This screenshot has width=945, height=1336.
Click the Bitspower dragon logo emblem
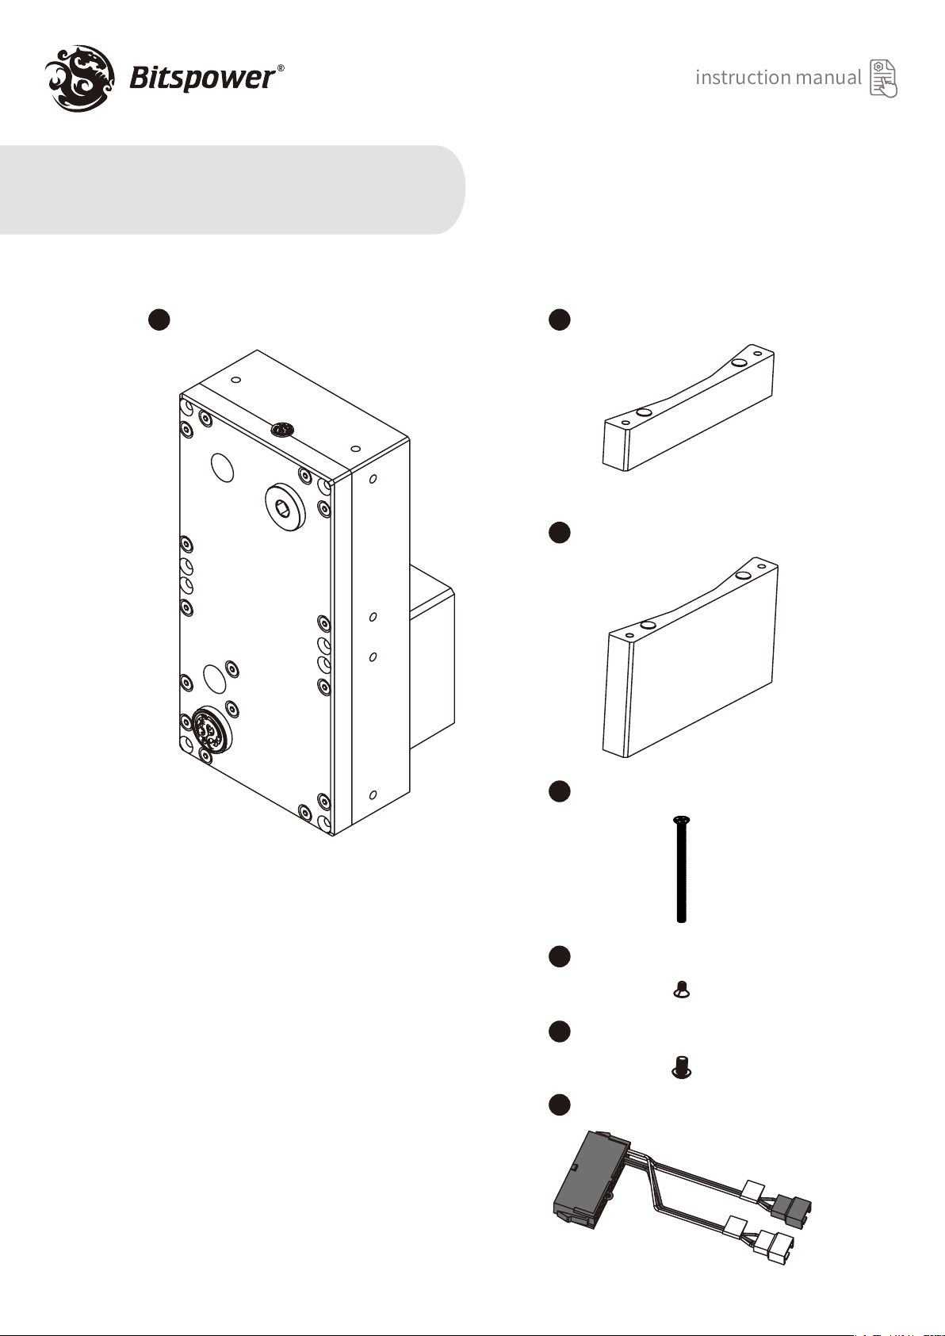pos(79,78)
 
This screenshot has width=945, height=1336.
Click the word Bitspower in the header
pos(202,78)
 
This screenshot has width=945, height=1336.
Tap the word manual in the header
pos(828,77)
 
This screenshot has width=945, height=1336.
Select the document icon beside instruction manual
pos(884,78)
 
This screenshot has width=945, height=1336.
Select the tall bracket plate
pos(691,657)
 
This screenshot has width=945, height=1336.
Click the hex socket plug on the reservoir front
pos(285,507)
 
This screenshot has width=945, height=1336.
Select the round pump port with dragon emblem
pos(212,729)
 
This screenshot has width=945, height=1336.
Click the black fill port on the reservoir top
pos(282,429)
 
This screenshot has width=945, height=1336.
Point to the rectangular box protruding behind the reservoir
pos(432,657)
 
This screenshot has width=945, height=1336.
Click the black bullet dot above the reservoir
pos(159,319)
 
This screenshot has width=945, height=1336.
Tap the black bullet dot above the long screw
pos(559,790)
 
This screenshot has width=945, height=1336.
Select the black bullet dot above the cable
pos(559,1104)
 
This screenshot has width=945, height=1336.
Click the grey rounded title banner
pos(232,189)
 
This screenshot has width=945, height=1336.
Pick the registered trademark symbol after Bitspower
pos(280,68)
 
